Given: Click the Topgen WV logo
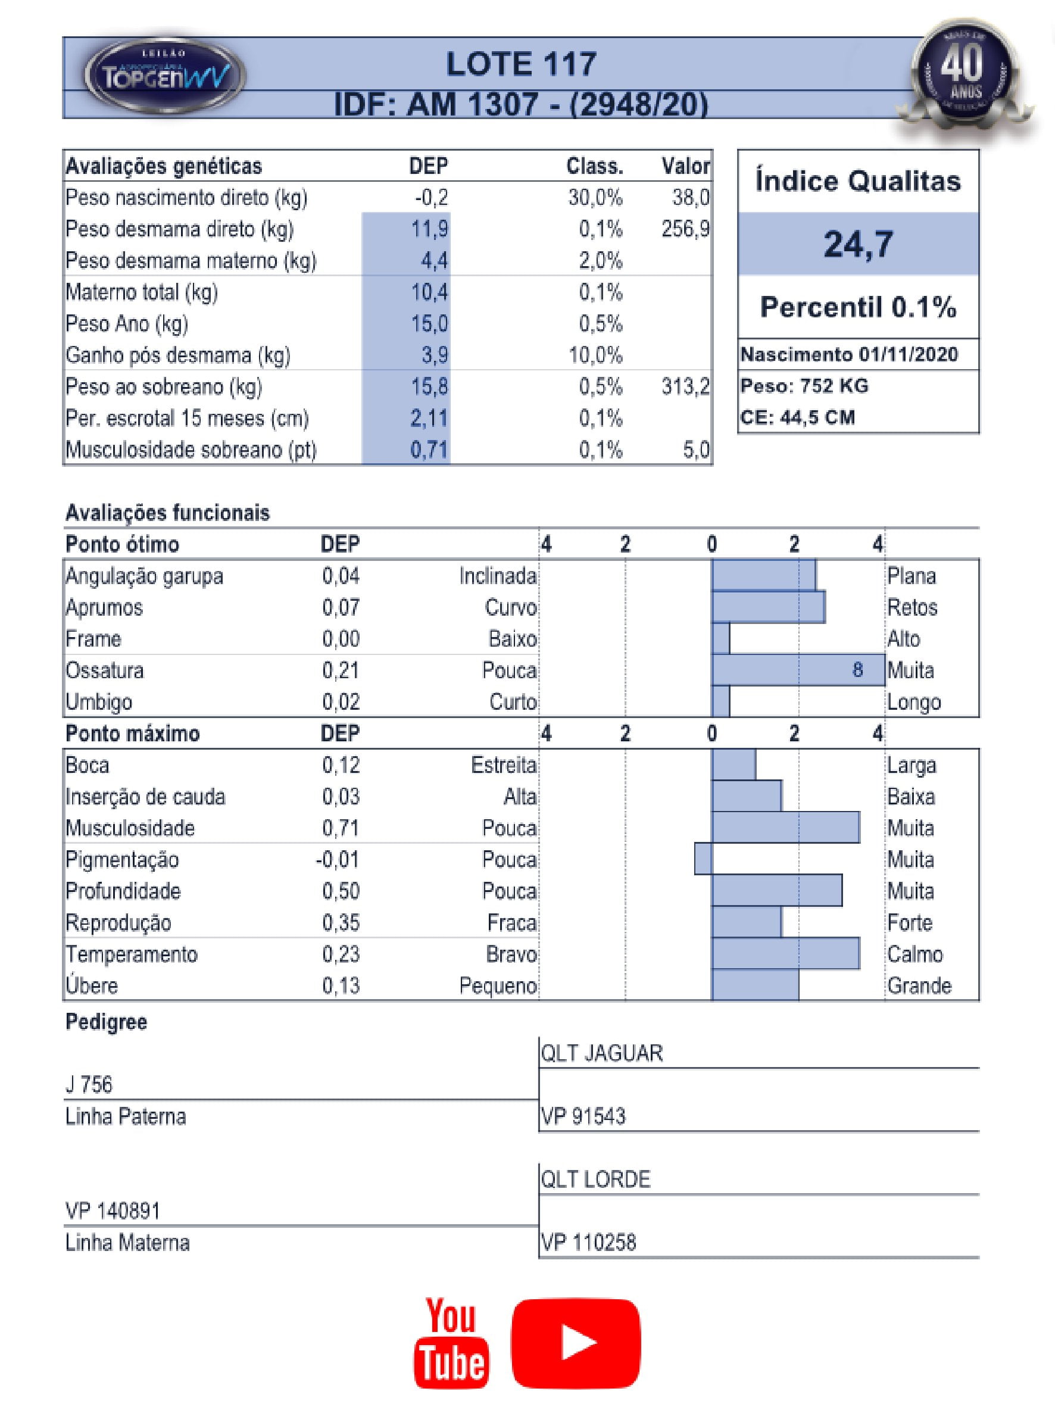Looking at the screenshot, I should coord(165,75).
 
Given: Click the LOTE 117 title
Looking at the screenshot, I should coord(521,64).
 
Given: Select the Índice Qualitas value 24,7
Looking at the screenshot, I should coord(858,244).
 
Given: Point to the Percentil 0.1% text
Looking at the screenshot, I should coord(858,307).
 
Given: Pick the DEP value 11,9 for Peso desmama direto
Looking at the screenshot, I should coord(429,229).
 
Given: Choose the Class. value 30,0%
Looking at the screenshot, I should coord(595,198).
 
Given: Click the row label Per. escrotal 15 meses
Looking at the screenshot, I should coord(187,419).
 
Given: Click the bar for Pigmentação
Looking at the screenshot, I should coord(703,859).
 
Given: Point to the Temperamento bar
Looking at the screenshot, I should coord(785,954).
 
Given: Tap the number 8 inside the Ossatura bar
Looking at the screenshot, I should coord(858,670).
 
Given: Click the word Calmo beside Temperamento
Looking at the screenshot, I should coord(915,954).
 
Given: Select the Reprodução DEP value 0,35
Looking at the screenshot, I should coord(341,922).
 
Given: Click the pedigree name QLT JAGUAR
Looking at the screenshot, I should coord(601,1053).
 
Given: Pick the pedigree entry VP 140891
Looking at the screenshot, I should coord(113,1211).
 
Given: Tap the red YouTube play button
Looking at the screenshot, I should coord(576,1342).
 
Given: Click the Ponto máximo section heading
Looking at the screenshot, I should coord(132,734).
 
